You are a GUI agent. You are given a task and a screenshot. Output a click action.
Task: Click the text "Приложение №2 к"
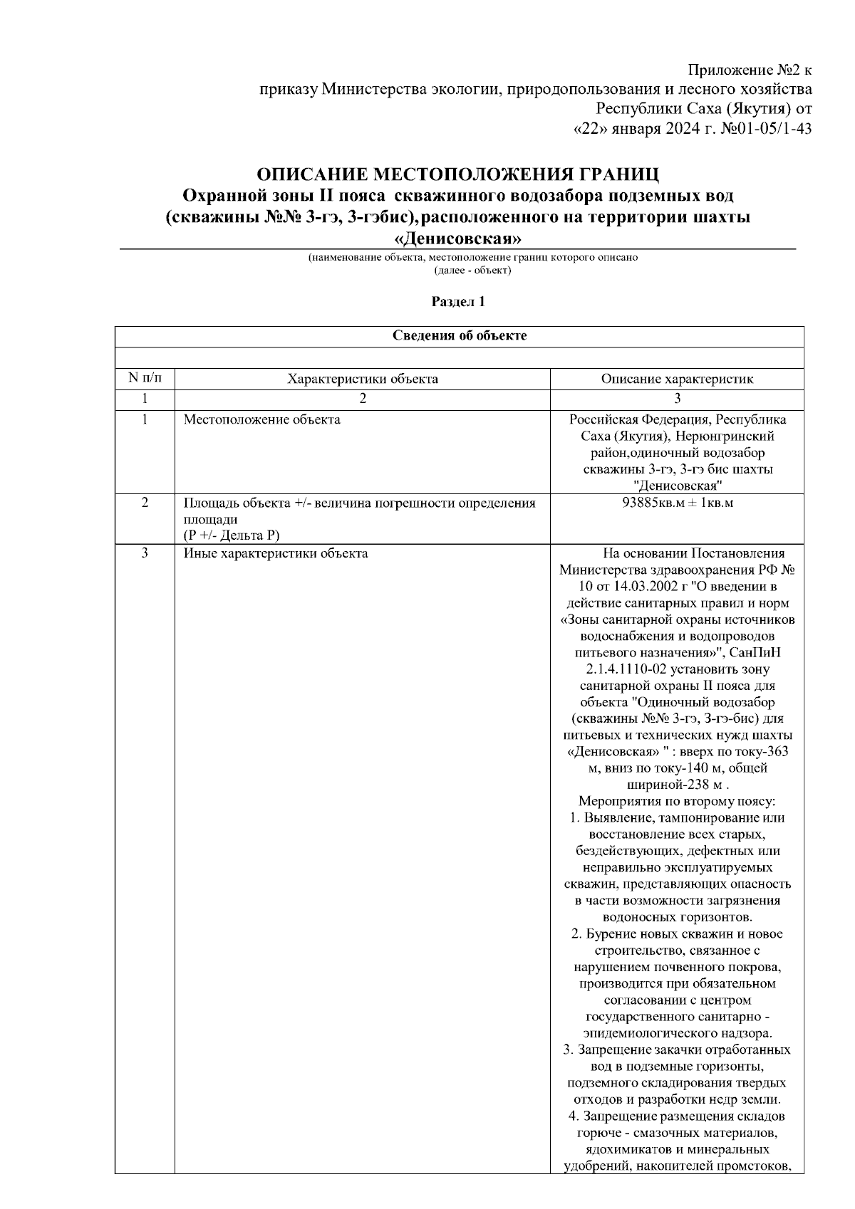[x=750, y=70]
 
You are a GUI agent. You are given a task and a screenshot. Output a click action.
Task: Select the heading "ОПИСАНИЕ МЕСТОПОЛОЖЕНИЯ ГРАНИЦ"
[x=457, y=174]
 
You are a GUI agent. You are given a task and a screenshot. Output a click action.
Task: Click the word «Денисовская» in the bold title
[x=457, y=237]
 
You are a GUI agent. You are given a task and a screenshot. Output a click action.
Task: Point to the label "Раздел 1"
[x=459, y=302]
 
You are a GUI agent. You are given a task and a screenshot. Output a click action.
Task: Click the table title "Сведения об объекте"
[x=460, y=335]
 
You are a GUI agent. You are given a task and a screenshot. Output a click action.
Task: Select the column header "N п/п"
[x=145, y=378]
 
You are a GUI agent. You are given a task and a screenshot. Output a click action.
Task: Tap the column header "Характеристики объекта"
[x=362, y=379]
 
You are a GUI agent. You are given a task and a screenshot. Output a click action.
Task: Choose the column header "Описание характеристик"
[x=677, y=379]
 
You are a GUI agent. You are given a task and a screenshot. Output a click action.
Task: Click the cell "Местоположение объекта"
[x=262, y=419]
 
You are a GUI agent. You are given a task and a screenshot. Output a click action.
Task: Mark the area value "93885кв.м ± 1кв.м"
[x=677, y=503]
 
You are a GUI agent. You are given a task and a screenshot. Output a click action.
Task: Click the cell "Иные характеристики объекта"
[x=276, y=553]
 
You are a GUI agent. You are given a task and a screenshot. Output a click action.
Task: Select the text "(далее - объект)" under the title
[x=472, y=271]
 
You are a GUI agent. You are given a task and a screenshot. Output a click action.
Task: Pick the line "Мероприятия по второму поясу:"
[x=677, y=802]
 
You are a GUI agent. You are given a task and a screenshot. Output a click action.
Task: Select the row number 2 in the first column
[x=145, y=503]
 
